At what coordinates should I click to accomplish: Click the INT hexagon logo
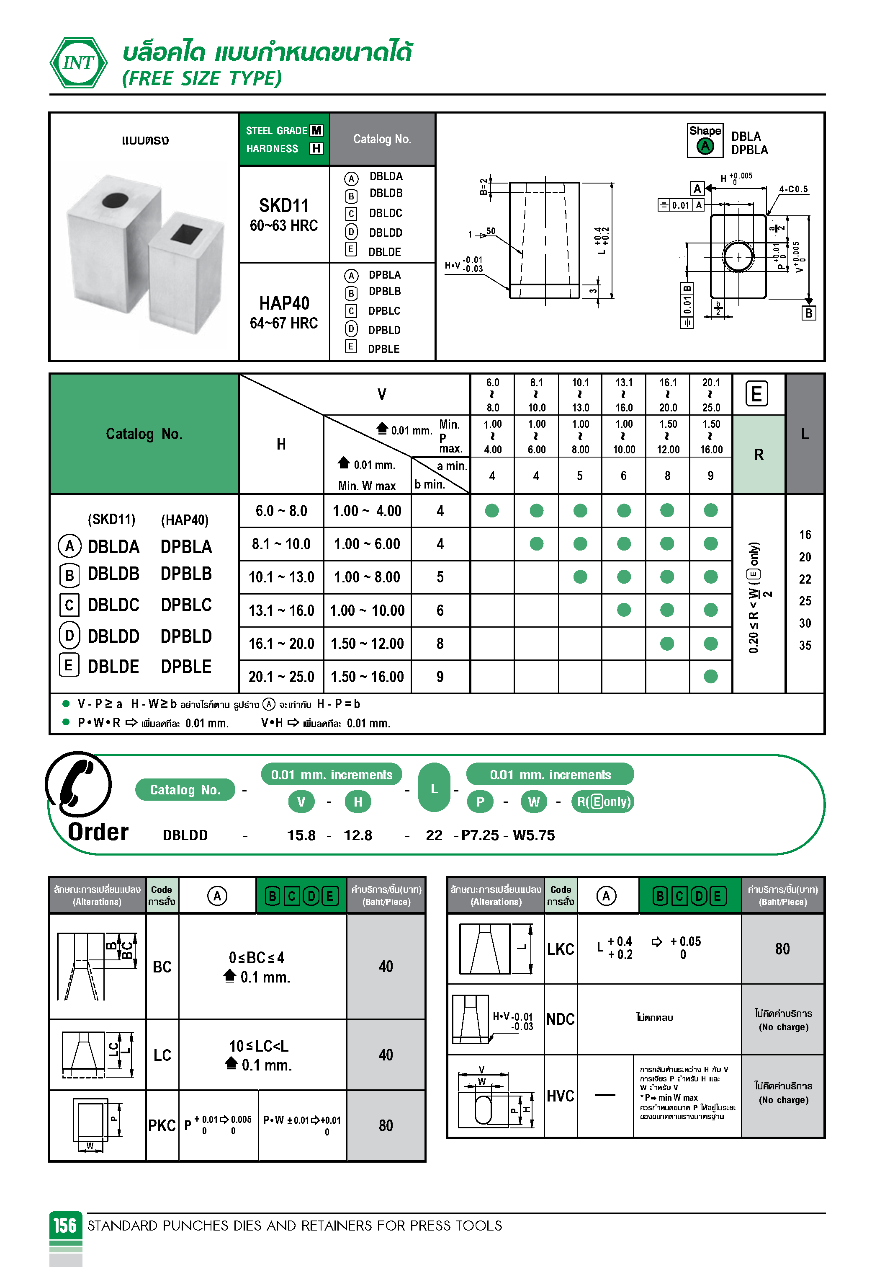pos(78,63)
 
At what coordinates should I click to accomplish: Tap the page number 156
pos(65,1225)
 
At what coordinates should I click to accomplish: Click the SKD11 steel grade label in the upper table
pos(284,206)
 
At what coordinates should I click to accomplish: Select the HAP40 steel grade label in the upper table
pos(284,303)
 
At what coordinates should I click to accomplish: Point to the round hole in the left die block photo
pos(115,200)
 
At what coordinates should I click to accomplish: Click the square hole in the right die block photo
pos(187,233)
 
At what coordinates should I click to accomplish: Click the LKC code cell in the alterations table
pos(560,949)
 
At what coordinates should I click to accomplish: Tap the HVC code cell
pos(560,1096)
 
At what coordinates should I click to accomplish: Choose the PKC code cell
pos(162,1126)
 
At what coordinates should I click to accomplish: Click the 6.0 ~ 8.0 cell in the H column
pos(281,511)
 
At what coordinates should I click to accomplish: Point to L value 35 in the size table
pos(805,645)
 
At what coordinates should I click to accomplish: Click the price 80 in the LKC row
pos(782,949)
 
